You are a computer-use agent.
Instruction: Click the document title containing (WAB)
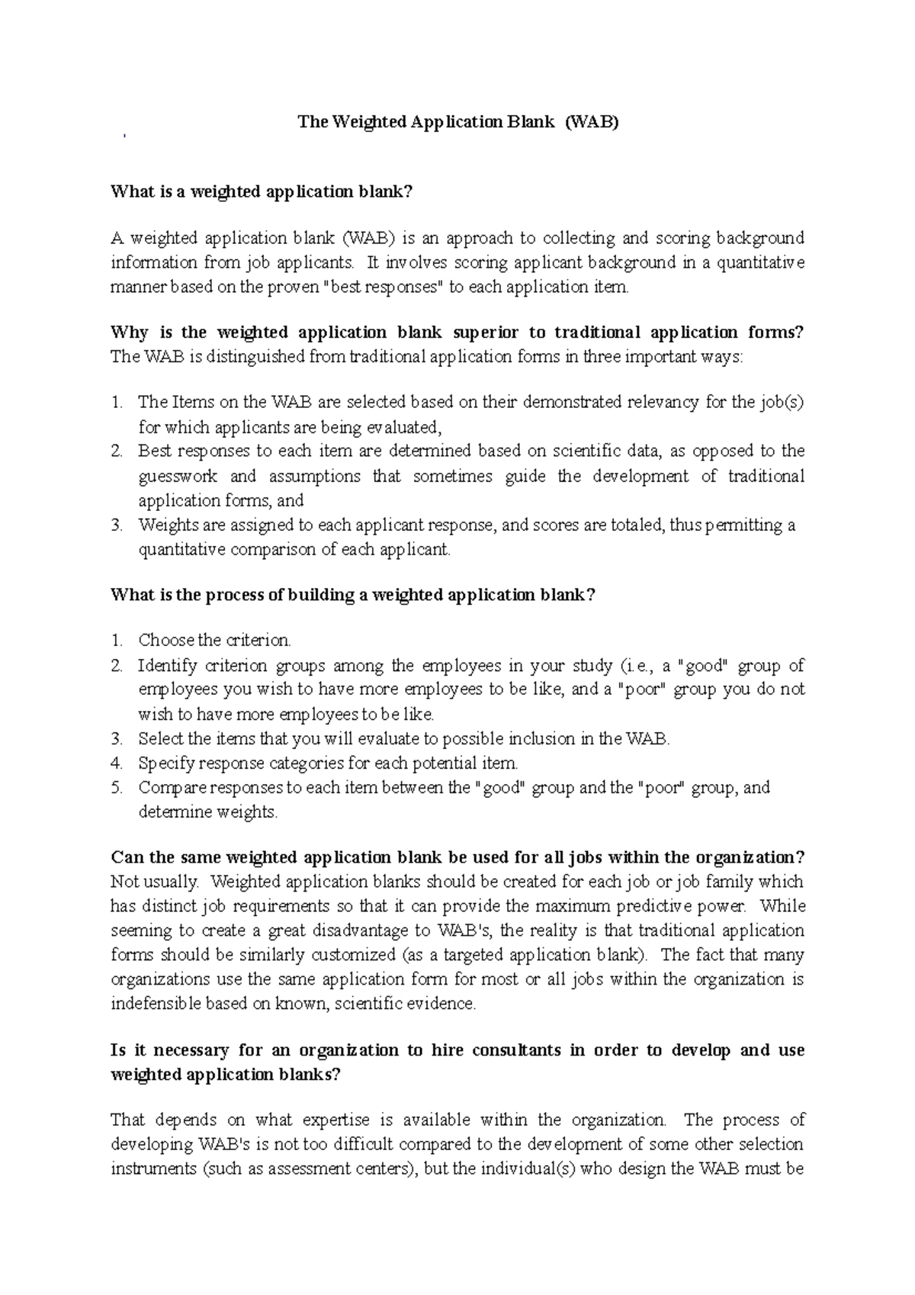tap(457, 122)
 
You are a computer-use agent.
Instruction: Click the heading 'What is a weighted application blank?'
tap(262, 191)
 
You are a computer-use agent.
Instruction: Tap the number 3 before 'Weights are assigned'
tap(116, 525)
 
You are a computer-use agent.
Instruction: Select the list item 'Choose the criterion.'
tap(214, 640)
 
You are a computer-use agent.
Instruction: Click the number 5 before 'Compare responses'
tap(116, 787)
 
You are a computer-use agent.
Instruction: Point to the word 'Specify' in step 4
tap(163, 763)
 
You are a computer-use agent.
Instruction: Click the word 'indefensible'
tap(157, 1004)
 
